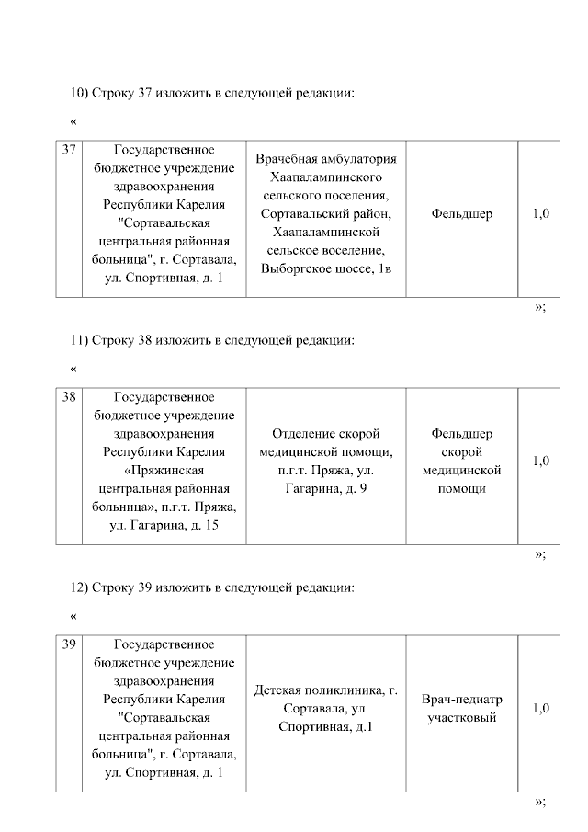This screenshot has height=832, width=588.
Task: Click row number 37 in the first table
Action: pos(68,150)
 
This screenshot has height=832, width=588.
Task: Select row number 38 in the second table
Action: pos(68,398)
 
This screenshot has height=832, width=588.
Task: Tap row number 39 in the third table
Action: pos(68,645)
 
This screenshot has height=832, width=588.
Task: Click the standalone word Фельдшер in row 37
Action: pos(461,214)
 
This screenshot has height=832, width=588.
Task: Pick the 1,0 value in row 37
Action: pos(541,214)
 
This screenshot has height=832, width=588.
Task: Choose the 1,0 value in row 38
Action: pos(541,462)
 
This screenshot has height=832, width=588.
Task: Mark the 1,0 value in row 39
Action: pos(541,709)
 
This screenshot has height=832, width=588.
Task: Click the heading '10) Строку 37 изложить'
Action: pos(212,93)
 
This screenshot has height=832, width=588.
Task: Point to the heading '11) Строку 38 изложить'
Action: pos(212,340)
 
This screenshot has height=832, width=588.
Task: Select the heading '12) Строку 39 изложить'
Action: pos(212,587)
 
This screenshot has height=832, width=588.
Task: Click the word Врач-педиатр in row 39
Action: pos(461,700)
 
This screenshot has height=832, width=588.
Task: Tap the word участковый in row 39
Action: pos(461,718)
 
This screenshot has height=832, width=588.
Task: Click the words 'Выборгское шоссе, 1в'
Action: pos(326,268)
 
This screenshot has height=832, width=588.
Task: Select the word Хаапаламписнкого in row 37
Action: pos(326,177)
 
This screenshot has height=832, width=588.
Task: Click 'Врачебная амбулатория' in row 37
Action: pos(326,159)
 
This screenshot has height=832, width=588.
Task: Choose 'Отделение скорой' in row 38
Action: pos(326,434)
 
